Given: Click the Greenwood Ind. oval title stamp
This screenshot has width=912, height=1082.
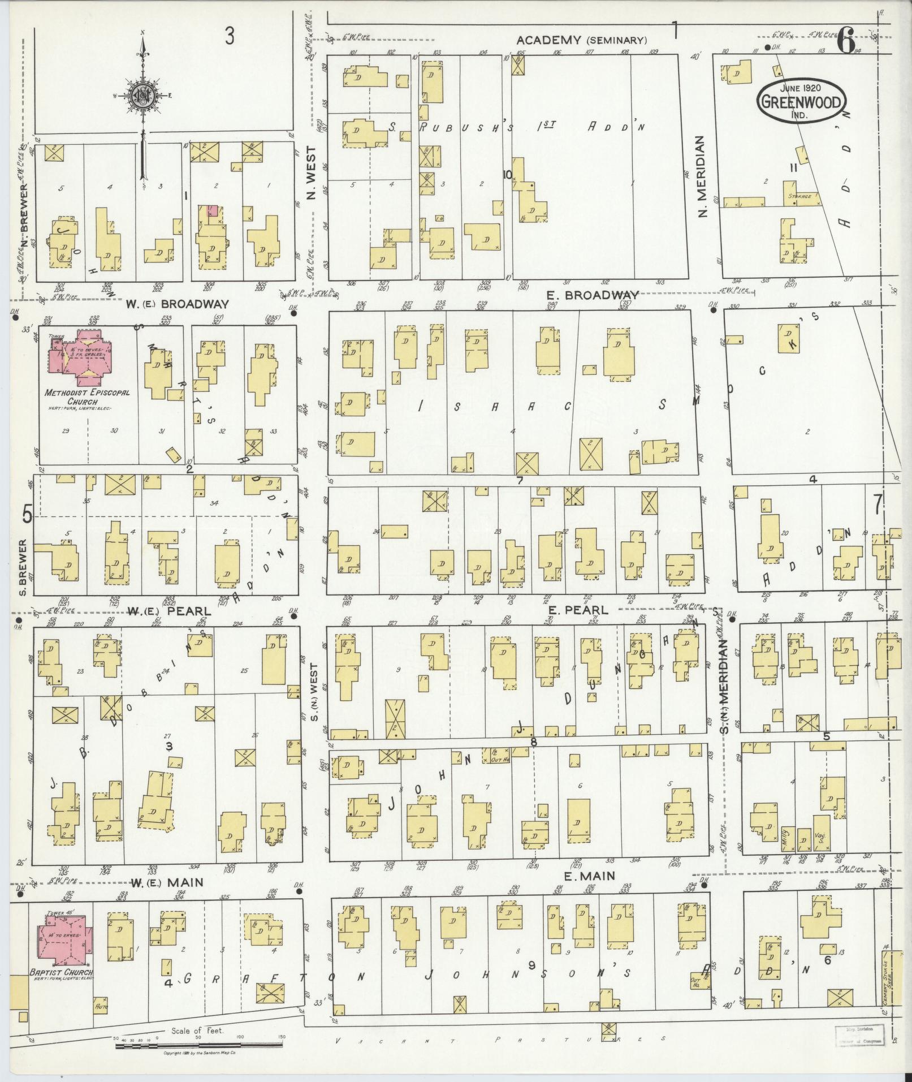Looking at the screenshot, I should (802, 101).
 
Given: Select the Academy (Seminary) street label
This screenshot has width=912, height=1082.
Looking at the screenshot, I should (582, 40).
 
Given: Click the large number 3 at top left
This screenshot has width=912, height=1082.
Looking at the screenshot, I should (229, 37).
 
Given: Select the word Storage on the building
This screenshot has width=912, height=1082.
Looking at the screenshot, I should (800, 196).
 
